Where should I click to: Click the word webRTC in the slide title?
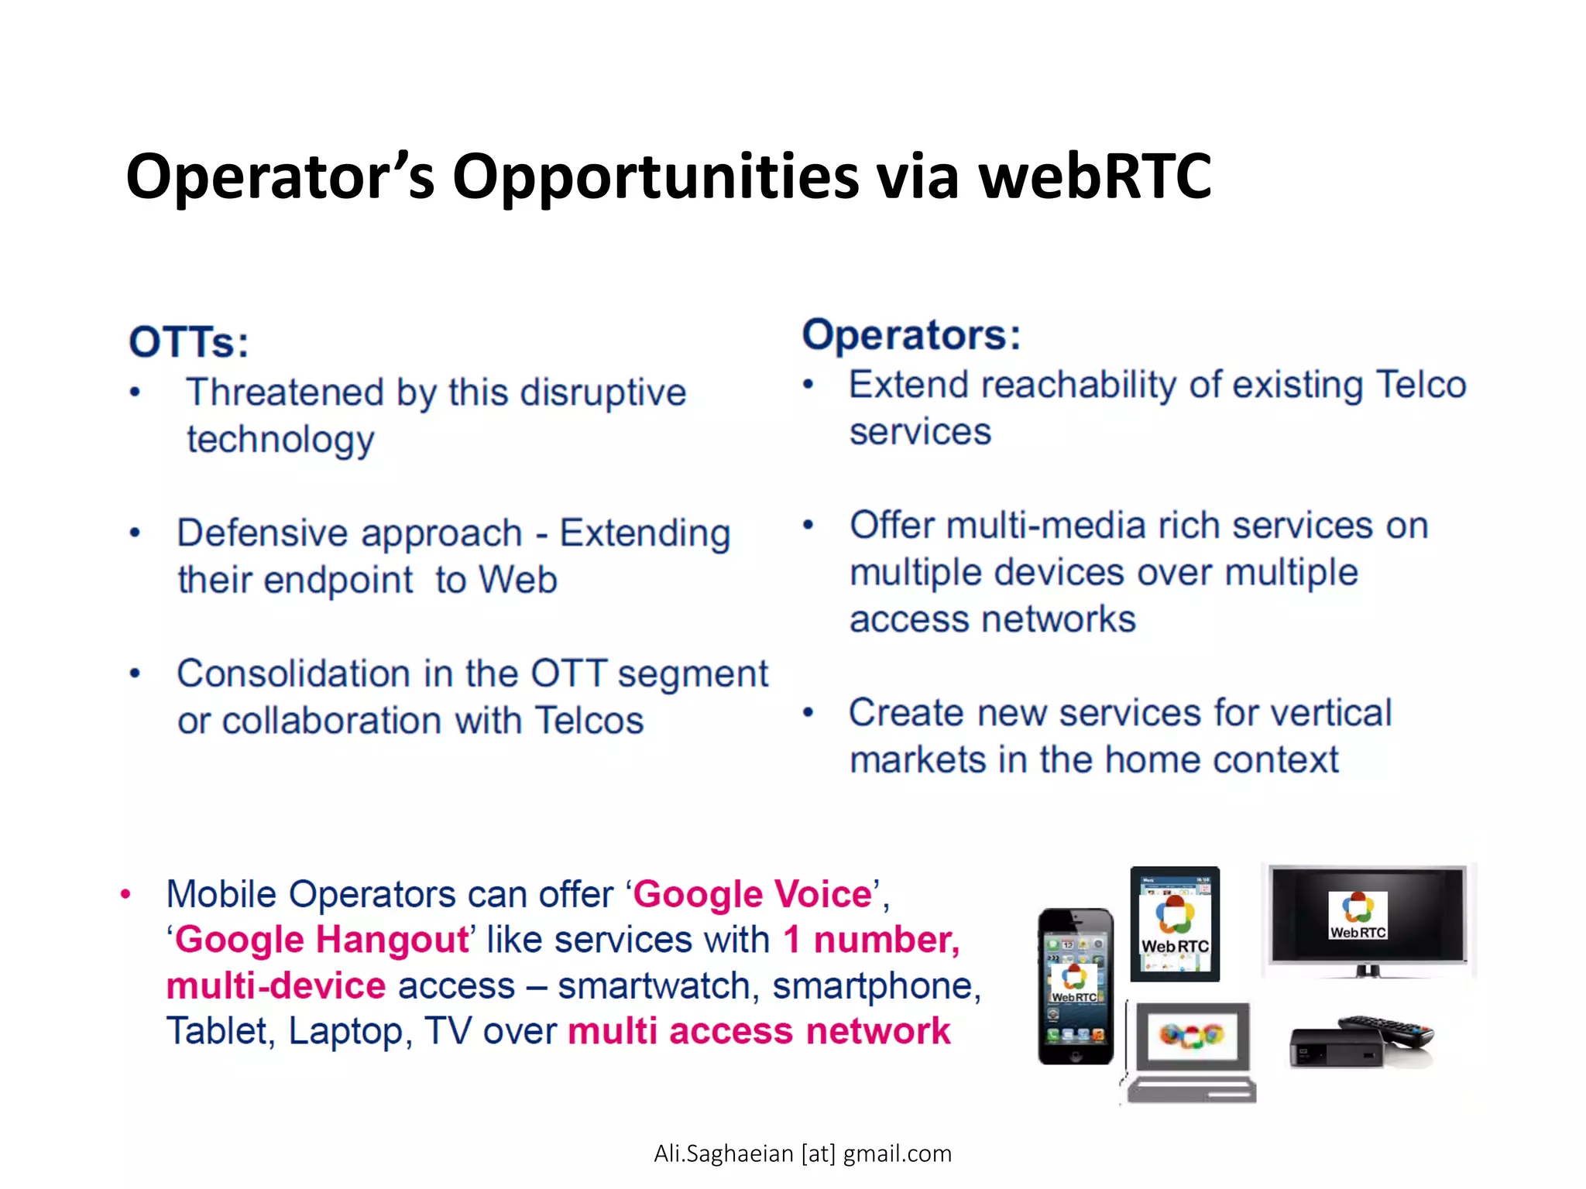(1094, 176)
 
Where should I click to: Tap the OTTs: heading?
(189, 342)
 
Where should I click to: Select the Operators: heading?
(911, 335)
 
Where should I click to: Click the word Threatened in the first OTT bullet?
(284, 392)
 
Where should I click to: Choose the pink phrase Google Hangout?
(321, 940)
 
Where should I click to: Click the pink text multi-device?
(276, 986)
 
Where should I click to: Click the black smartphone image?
(1075, 986)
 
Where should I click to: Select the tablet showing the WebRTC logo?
(1175, 924)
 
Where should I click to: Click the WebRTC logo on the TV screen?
(1358, 916)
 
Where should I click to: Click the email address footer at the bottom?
(802, 1153)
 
